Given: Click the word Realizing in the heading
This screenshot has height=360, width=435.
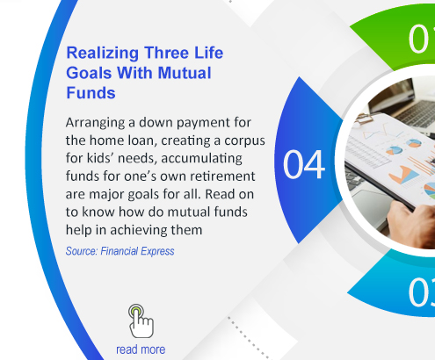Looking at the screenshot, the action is (x=103, y=54).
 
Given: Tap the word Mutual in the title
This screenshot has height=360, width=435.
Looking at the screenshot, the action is (x=185, y=73).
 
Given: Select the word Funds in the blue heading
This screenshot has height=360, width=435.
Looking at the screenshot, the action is (x=91, y=93).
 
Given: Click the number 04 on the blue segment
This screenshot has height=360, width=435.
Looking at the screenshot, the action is (x=304, y=164).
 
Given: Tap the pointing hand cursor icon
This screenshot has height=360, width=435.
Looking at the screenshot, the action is (x=141, y=321).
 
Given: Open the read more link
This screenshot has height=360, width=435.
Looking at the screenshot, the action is (x=141, y=349).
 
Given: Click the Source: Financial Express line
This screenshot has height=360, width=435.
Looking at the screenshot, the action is (x=120, y=251).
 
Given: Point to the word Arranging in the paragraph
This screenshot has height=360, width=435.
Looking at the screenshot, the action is (x=95, y=123).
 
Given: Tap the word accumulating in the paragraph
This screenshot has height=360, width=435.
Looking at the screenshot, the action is (x=201, y=159).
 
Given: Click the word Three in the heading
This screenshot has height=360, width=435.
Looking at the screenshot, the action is (x=163, y=53).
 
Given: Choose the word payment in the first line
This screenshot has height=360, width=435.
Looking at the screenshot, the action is (x=199, y=123).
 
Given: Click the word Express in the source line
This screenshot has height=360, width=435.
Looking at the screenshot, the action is (x=157, y=251).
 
